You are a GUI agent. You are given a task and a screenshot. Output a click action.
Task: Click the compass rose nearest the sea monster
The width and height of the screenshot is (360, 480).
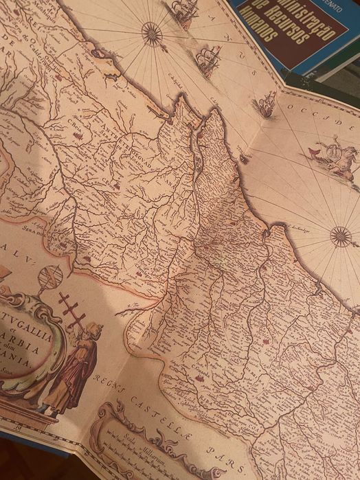pyautogui.click(x=341, y=237)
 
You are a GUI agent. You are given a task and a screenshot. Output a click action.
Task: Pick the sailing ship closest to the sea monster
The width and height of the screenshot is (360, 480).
pyautogui.click(x=265, y=104)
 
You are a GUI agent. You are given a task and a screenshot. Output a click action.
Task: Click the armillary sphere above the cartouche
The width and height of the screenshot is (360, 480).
pyautogui.click(x=50, y=278)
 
